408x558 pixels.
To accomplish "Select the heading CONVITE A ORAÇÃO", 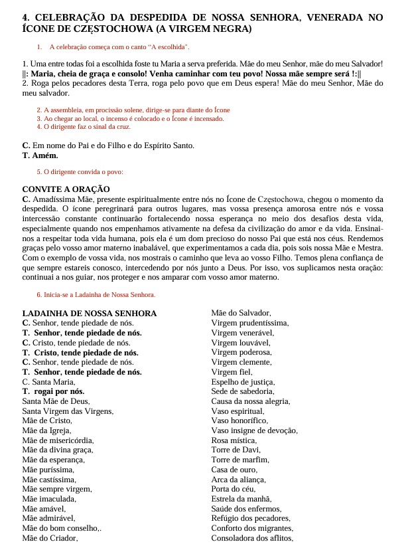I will point(66,189).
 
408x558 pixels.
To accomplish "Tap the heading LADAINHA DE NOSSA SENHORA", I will point(90,314).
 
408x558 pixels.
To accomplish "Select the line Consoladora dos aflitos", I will point(252,538).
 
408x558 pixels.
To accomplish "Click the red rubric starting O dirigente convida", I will point(80,172).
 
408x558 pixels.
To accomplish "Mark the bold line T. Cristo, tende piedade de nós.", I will point(80,353).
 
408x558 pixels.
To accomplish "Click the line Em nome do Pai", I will point(108,145).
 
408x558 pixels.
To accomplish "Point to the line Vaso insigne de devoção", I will point(254,430).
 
